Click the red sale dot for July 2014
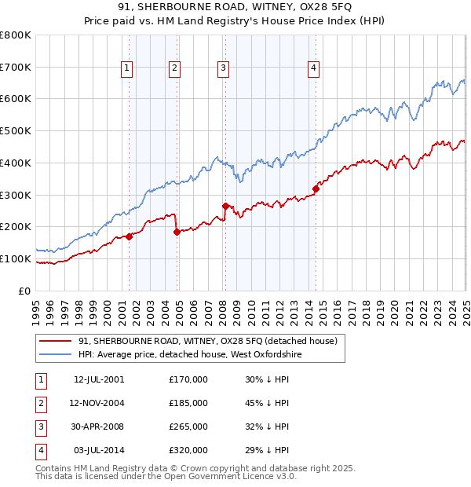click(316, 189)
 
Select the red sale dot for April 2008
click(226, 206)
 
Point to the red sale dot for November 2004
click(177, 232)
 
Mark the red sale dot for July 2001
click(129, 236)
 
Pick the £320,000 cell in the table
click(188, 450)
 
